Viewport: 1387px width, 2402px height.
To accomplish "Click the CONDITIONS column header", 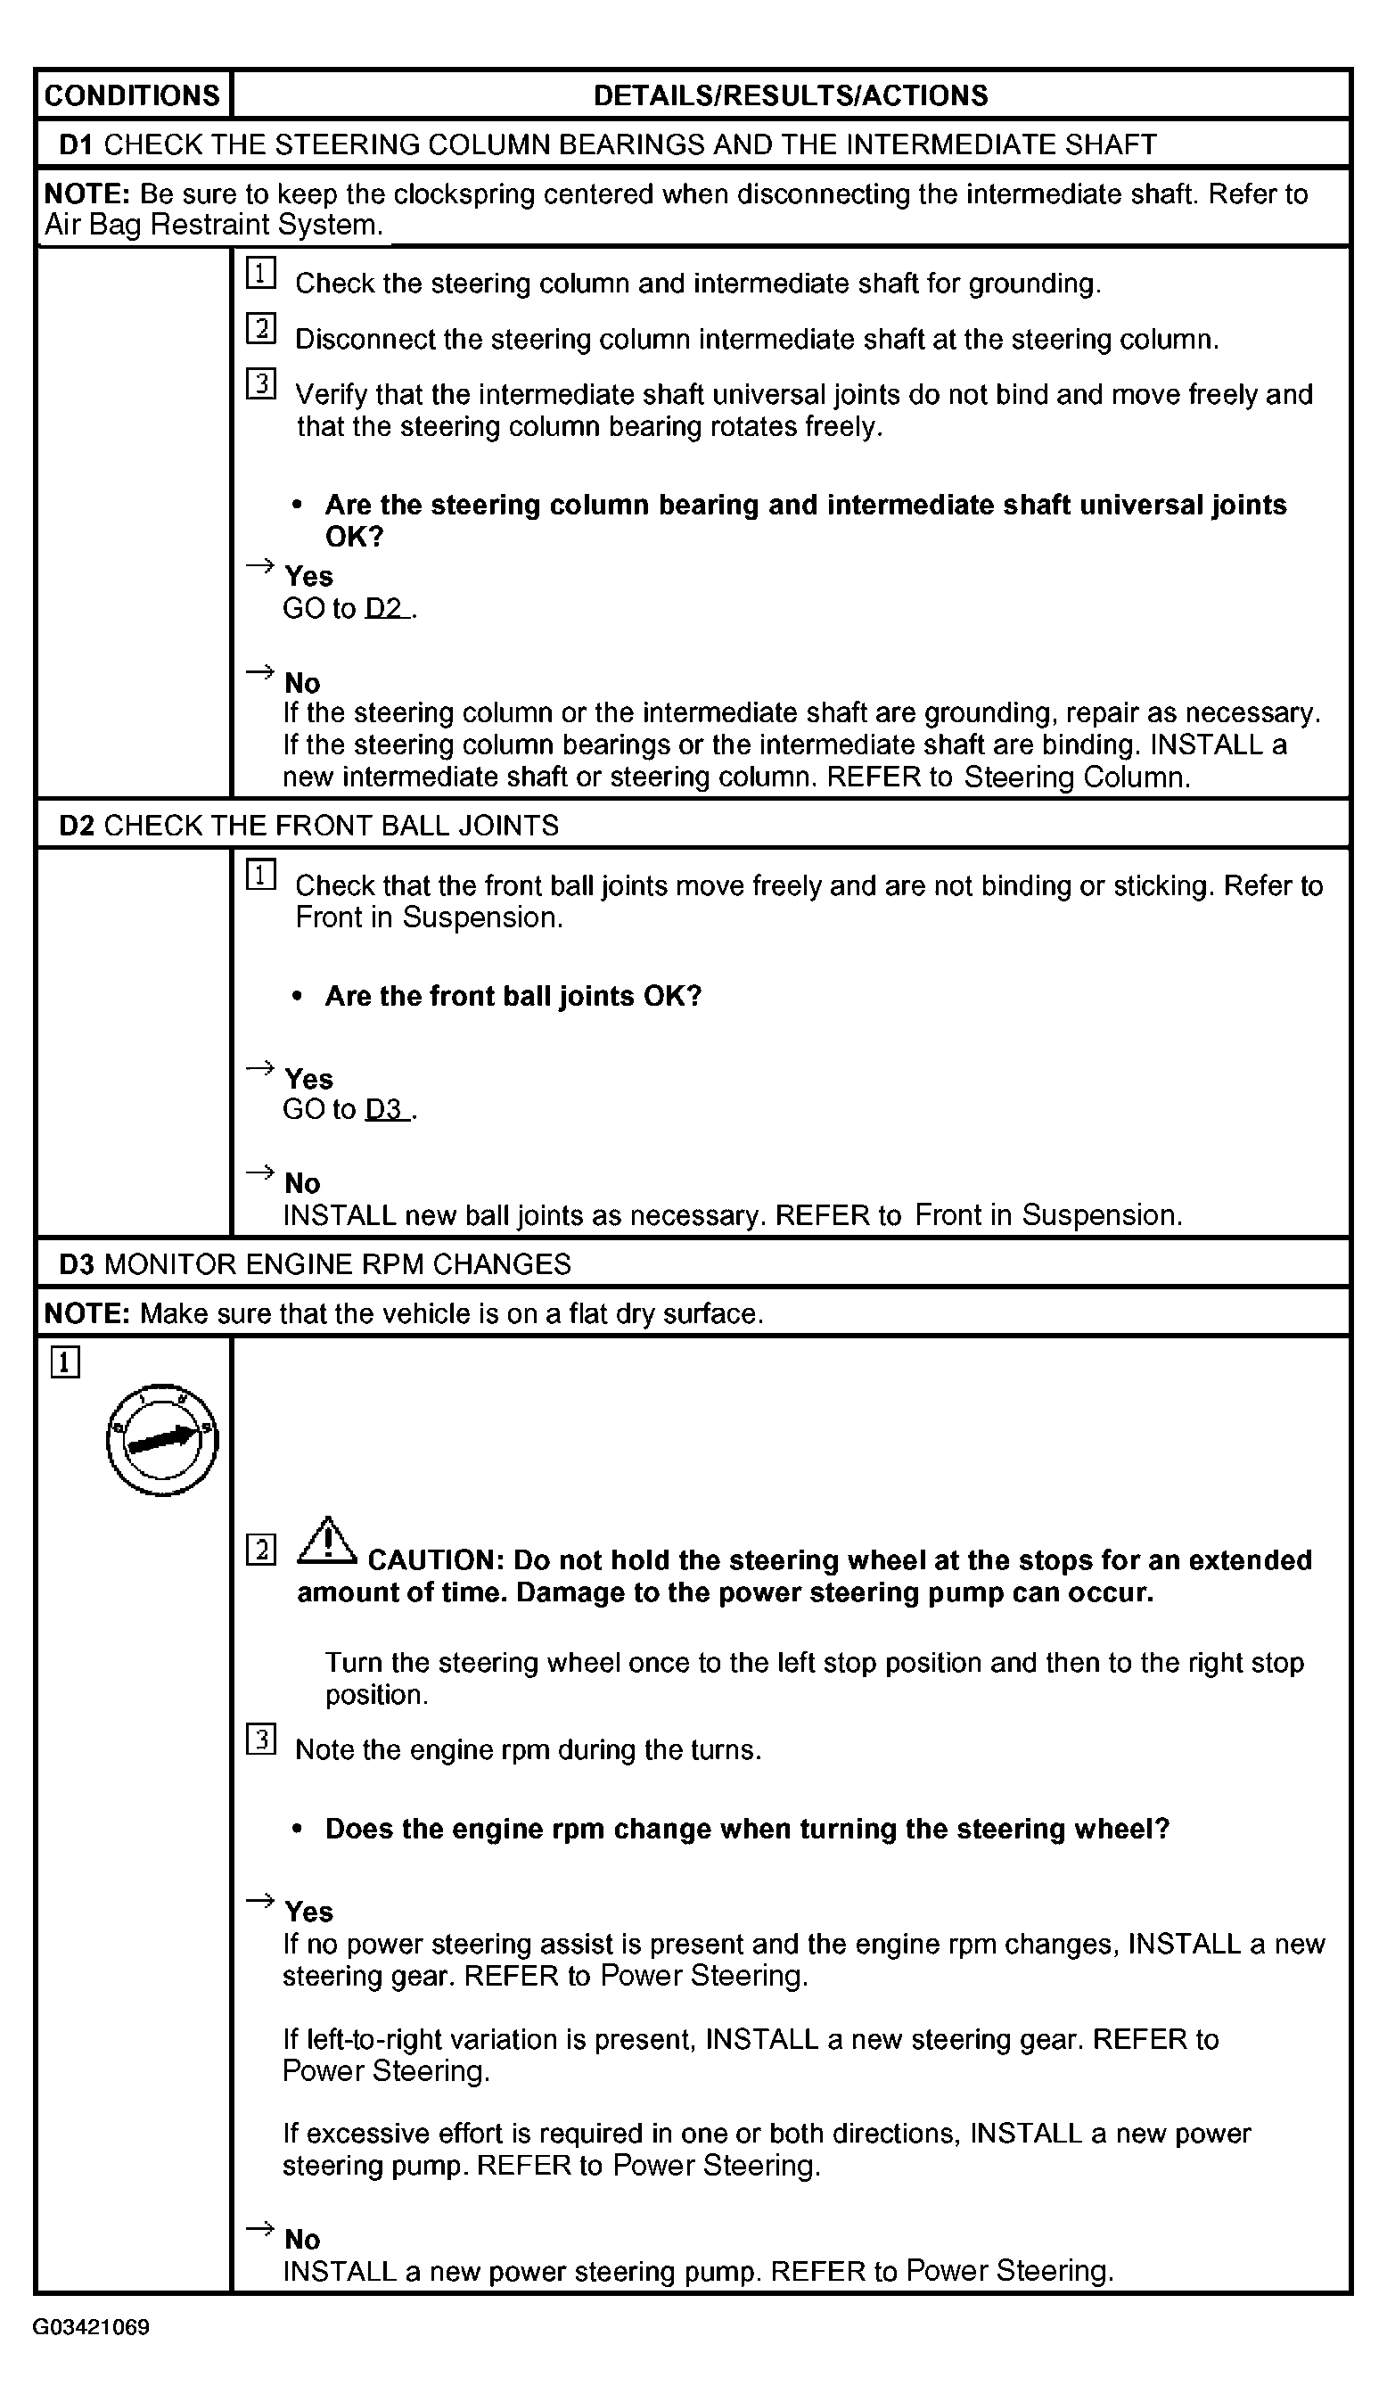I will click(133, 95).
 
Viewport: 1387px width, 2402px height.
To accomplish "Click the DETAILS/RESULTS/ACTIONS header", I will click(791, 95).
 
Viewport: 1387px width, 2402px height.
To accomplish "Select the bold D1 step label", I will click(76, 144).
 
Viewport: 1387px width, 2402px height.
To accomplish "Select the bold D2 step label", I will click(76, 825).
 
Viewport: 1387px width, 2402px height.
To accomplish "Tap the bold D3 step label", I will click(76, 1264).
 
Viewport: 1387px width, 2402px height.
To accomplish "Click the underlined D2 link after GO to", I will click(386, 608).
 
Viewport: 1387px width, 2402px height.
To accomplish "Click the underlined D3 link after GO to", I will click(386, 1109).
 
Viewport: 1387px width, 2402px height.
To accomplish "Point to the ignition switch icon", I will click(162, 1440).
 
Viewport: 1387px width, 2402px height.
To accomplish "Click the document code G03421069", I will click(92, 2328).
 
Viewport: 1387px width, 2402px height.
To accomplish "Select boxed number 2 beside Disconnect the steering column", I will click(261, 329).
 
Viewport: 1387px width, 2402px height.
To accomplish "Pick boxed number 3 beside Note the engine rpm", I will click(261, 1740).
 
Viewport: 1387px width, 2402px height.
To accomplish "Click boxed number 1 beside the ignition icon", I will click(65, 1362).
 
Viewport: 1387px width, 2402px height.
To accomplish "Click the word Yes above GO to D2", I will click(308, 577).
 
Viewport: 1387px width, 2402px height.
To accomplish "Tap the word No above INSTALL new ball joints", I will click(302, 1183).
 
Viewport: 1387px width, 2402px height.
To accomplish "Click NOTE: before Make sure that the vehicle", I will click(86, 1314).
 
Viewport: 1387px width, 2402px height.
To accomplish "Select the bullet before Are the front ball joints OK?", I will click(298, 997).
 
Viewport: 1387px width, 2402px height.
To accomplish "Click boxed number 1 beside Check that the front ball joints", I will click(261, 875).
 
